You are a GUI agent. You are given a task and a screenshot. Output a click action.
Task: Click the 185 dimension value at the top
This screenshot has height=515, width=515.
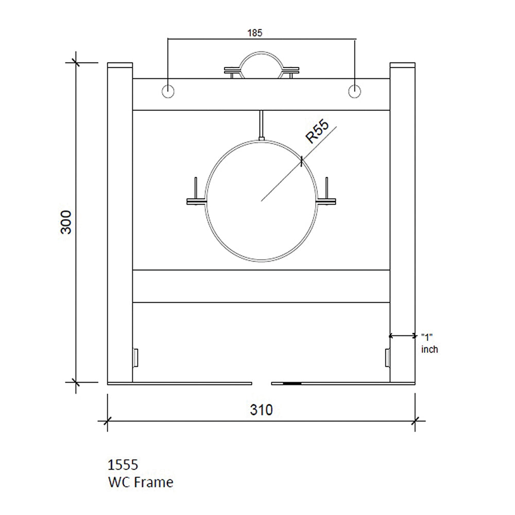point(255,33)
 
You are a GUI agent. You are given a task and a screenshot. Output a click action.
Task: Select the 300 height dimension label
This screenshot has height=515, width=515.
point(67,222)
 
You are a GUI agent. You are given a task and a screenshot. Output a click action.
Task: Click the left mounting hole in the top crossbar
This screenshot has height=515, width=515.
point(168,91)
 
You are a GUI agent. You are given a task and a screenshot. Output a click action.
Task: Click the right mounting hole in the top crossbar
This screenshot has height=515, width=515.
point(354,91)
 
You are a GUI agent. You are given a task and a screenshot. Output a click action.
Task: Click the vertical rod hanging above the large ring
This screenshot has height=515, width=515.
point(262,124)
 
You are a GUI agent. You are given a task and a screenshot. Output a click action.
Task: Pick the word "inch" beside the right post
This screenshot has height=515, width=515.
point(430,350)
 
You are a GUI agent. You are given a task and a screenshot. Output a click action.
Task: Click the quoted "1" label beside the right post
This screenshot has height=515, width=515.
point(426,337)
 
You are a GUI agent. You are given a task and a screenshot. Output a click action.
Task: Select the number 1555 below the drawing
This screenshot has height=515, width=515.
point(123,465)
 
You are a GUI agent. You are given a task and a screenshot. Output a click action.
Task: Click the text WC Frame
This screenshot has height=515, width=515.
point(140,483)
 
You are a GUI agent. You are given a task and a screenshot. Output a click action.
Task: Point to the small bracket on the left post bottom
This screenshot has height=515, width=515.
point(135,356)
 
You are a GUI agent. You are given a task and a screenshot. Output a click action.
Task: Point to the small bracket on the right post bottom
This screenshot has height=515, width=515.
point(387,356)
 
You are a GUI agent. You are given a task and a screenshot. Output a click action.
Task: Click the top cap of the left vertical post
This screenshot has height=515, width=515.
point(120,65)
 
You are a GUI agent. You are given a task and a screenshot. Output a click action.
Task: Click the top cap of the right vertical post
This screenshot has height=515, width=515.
point(403,65)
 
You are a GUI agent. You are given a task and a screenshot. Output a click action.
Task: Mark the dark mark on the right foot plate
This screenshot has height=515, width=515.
point(293,383)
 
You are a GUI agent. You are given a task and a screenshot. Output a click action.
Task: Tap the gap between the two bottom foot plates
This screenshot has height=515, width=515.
point(262,383)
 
